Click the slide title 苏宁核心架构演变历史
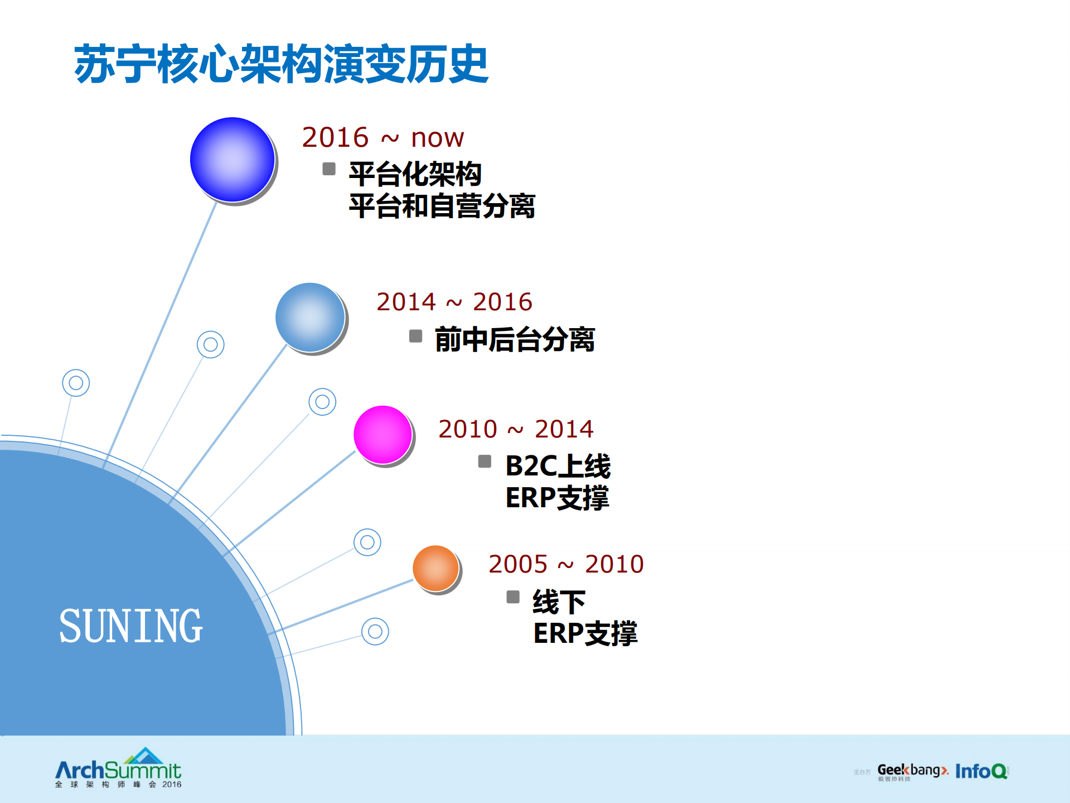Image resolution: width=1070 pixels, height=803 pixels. click(282, 64)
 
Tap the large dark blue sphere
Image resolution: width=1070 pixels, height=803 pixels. click(233, 160)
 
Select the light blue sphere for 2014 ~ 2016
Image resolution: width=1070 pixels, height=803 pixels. click(311, 318)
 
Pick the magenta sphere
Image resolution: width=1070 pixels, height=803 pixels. click(383, 435)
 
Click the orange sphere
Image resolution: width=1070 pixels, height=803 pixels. click(436, 569)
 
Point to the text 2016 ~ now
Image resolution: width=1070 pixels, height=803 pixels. click(383, 137)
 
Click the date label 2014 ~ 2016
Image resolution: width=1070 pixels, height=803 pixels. click(454, 302)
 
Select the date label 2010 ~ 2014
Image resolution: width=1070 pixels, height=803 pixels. click(516, 429)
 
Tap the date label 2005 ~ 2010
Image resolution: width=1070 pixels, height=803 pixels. click(566, 564)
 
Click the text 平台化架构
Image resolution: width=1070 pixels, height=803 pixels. click(415, 174)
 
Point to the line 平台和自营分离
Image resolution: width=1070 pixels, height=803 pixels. click(442, 206)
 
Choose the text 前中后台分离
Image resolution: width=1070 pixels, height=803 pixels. click(515, 339)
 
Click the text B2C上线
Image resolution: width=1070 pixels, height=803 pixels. click(558, 466)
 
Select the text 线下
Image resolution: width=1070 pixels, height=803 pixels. click(559, 602)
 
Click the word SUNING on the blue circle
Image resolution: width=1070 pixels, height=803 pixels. click(130, 626)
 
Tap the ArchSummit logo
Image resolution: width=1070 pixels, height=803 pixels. click(118, 768)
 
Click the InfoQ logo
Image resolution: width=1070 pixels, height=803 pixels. click(981, 771)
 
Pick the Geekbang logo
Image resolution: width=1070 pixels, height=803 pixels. click(912, 771)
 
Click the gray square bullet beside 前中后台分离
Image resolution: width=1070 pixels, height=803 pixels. click(415, 336)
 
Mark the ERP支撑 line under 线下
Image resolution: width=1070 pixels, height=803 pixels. click(585, 633)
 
